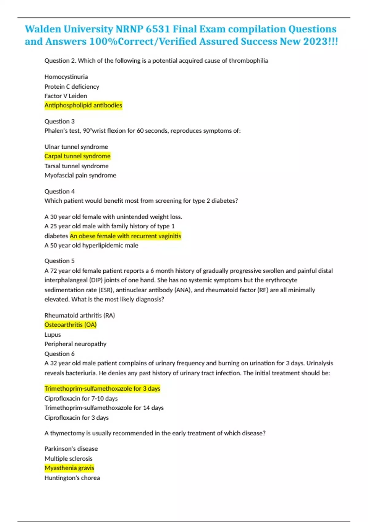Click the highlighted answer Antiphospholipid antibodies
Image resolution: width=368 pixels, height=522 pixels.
(x=83, y=105)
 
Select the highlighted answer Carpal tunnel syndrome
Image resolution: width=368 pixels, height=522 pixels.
(x=77, y=156)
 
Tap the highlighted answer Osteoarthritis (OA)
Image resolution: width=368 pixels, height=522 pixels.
(x=71, y=325)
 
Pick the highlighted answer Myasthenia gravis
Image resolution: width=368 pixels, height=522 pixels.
(x=69, y=468)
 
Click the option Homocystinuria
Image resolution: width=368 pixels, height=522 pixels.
(x=66, y=77)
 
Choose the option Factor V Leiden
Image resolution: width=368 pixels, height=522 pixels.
(x=66, y=96)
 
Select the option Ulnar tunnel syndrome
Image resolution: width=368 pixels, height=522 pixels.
(x=76, y=147)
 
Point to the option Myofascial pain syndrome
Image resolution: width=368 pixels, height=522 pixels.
(x=80, y=175)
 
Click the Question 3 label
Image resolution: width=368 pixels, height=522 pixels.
(x=59, y=121)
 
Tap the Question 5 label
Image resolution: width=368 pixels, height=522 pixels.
(x=59, y=261)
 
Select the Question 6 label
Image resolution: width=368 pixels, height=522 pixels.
(x=59, y=354)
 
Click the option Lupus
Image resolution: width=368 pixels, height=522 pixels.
(x=53, y=334)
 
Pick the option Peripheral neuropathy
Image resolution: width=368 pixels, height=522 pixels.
(x=75, y=344)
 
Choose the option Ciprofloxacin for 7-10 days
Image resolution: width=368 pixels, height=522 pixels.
(x=81, y=398)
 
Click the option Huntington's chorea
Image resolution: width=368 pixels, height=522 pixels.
(x=72, y=478)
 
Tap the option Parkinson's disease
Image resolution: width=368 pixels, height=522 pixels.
(x=71, y=449)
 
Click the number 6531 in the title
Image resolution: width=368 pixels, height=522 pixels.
(x=158, y=29)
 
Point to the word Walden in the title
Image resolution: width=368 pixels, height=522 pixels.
(x=43, y=29)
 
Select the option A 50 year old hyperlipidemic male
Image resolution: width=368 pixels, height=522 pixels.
(x=91, y=245)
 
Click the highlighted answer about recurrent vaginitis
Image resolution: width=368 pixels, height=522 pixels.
(x=125, y=236)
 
